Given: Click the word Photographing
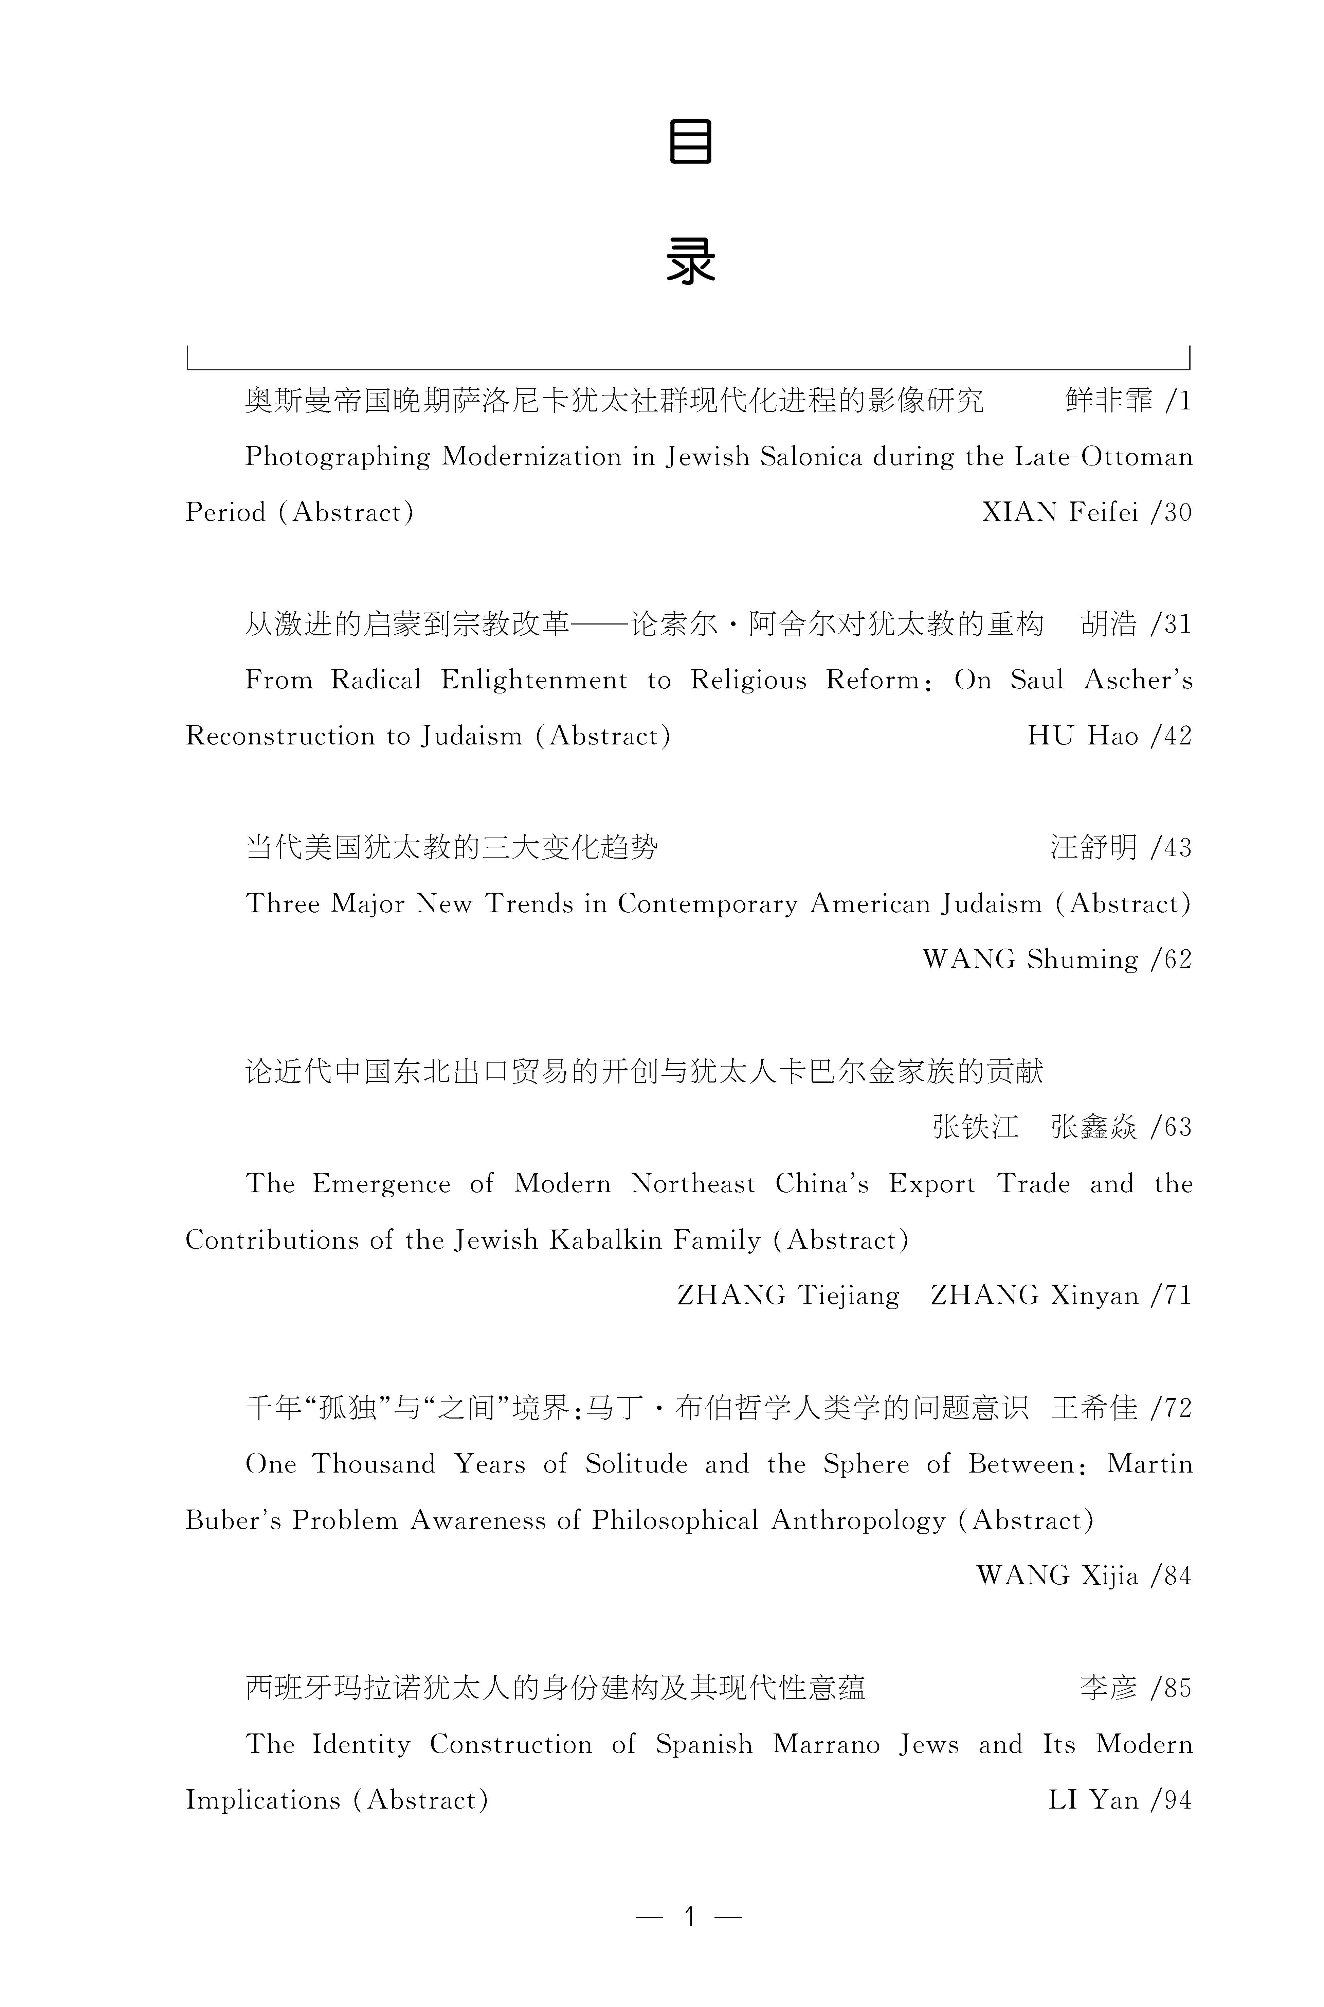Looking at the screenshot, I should click(x=338, y=457).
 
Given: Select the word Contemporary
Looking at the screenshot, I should click(x=708, y=904).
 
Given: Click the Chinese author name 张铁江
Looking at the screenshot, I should click(x=975, y=1127).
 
